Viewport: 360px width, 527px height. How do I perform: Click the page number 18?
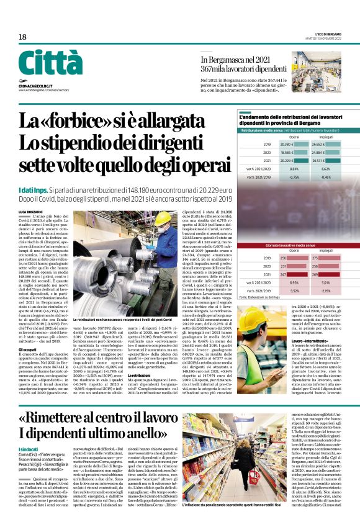coord(22,37)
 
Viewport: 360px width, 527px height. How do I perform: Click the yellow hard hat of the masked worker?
coord(162,218)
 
